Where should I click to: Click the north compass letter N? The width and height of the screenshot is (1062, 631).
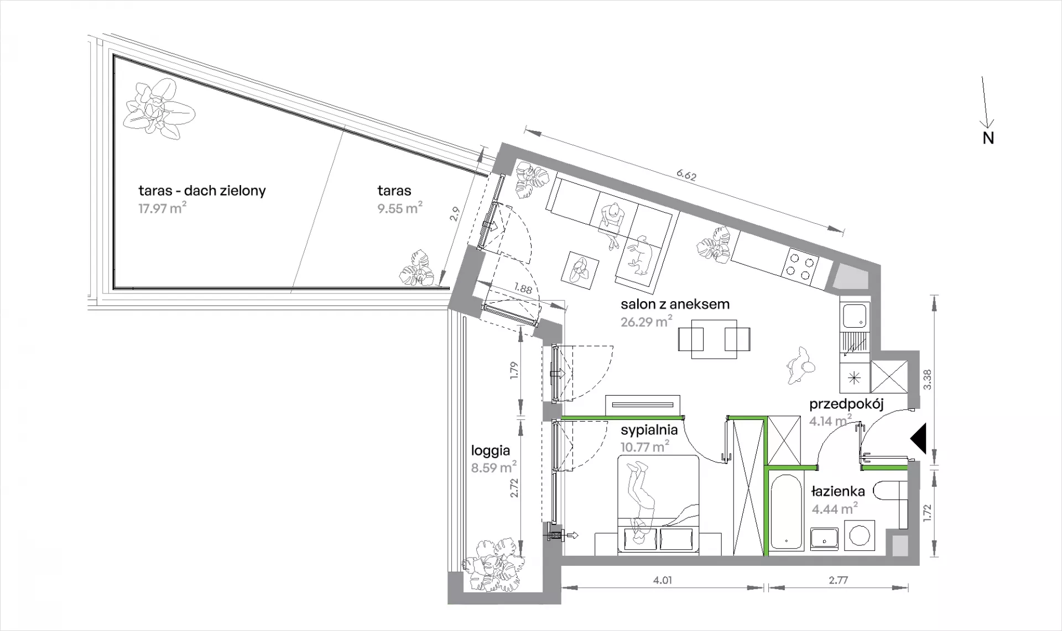click(x=988, y=138)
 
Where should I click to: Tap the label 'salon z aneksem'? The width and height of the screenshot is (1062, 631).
click(x=675, y=304)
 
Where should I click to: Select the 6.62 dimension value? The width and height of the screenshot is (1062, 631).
click(x=686, y=177)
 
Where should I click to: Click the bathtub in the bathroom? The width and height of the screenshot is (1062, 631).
click(x=784, y=511)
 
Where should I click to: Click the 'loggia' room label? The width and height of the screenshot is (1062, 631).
click(x=490, y=451)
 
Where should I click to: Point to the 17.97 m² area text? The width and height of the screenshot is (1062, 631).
click(x=162, y=209)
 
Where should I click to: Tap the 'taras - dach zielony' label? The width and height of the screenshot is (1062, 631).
click(x=202, y=191)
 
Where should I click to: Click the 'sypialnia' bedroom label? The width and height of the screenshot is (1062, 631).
click(x=649, y=430)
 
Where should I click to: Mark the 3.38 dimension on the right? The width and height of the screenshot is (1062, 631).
click(x=928, y=380)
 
